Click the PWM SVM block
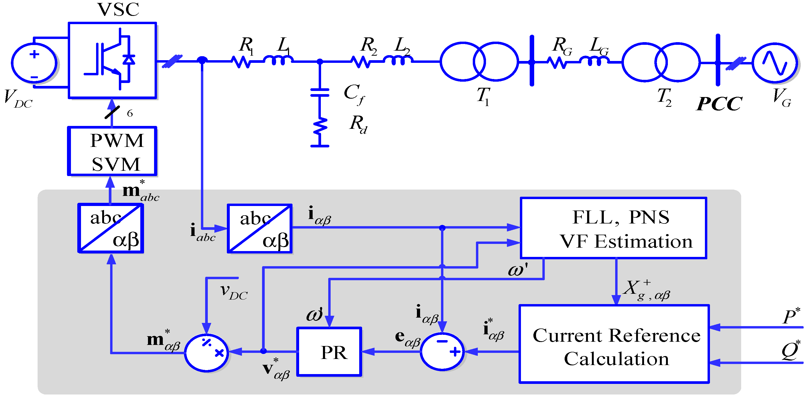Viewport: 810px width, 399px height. (x=112, y=151)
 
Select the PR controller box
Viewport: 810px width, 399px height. (x=329, y=352)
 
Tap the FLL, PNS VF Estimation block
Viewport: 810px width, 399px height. (x=613, y=228)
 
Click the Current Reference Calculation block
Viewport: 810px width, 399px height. (x=614, y=344)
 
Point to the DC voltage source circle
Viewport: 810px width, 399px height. (x=34, y=63)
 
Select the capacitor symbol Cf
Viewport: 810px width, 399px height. (x=319, y=93)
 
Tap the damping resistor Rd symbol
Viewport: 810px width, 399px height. (x=319, y=127)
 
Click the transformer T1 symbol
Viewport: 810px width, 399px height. (x=479, y=62)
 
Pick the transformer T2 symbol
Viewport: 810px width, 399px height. (x=661, y=62)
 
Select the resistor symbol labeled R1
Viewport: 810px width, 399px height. (x=241, y=62)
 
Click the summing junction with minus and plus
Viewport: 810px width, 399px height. (x=442, y=352)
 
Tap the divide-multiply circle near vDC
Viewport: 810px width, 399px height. (x=206, y=353)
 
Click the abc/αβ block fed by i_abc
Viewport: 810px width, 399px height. (x=259, y=228)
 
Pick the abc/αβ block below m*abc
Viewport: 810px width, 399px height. (x=111, y=228)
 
